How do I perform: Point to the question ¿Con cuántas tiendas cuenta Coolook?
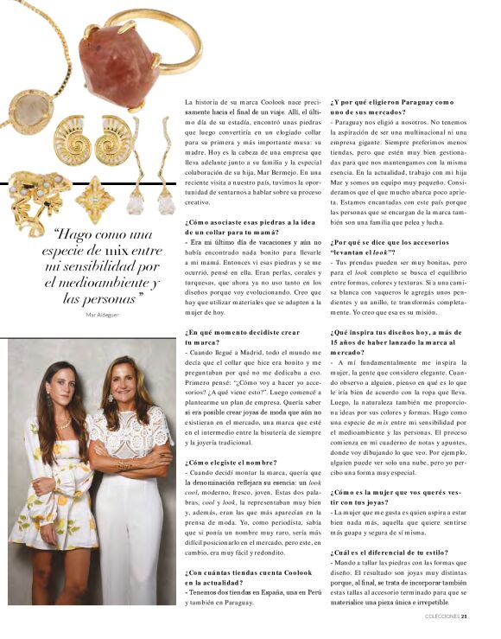[x=244, y=572]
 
